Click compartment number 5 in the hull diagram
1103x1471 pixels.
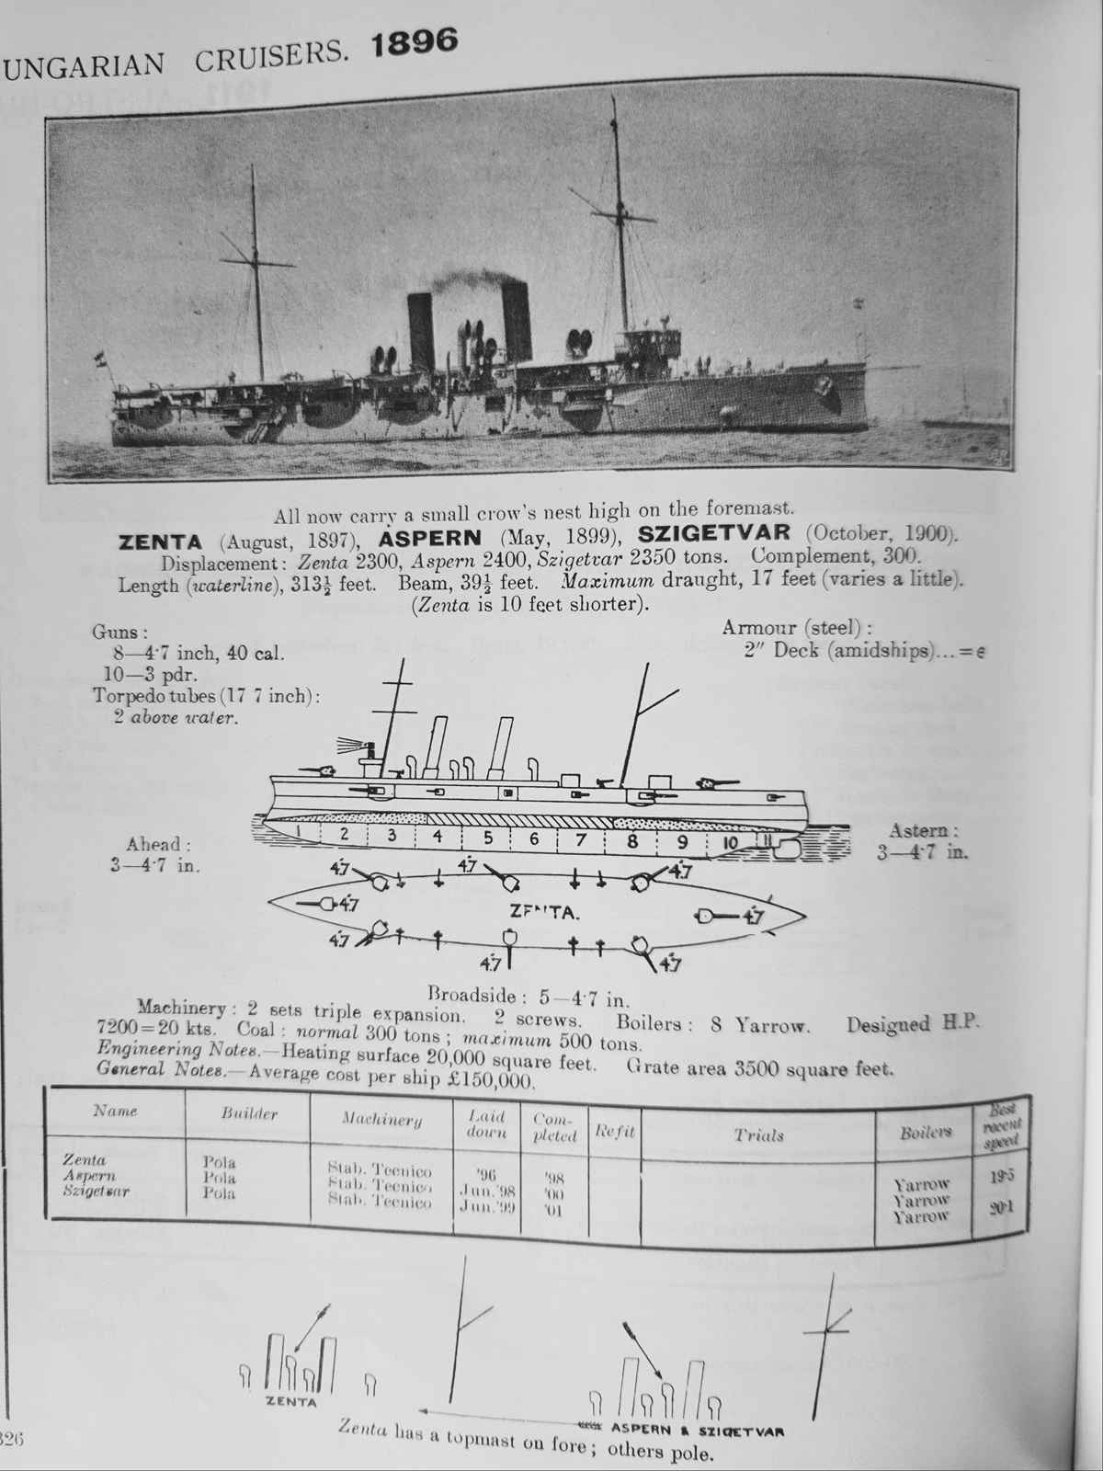point(488,837)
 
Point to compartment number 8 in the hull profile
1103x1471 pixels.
point(632,839)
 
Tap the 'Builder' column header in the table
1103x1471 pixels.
point(249,1113)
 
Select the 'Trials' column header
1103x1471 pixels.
point(758,1135)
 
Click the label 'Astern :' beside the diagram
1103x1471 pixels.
point(924,831)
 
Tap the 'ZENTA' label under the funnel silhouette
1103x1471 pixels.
point(290,1402)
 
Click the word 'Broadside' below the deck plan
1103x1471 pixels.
point(467,995)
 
